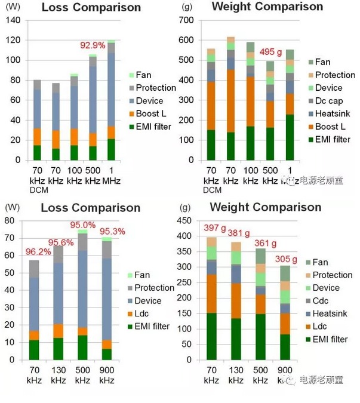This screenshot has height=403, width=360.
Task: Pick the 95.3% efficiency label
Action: pos(112,232)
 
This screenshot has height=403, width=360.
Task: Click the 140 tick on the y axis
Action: pos(14,20)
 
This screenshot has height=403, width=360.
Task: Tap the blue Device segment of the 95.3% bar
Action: pos(107,299)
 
